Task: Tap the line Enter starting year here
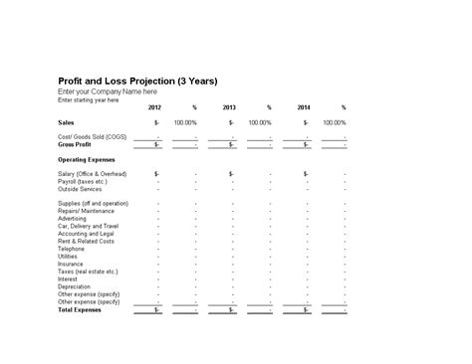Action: click(89, 99)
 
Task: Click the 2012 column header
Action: click(154, 107)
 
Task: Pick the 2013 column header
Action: click(229, 107)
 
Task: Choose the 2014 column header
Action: click(304, 107)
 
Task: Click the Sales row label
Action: click(66, 122)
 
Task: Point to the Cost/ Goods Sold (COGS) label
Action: click(93, 136)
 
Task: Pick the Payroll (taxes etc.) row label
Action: click(84, 181)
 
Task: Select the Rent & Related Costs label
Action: click(86, 241)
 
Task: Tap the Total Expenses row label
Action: click(80, 309)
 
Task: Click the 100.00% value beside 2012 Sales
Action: click(185, 122)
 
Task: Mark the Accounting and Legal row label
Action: click(88, 234)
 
